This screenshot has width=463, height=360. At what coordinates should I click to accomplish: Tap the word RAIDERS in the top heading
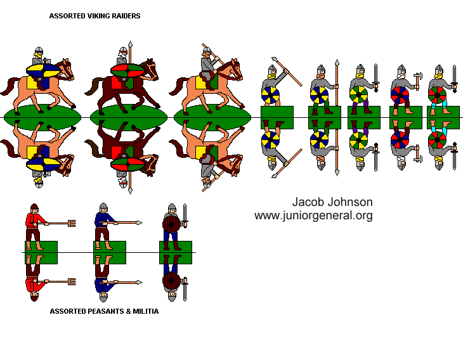click(124, 15)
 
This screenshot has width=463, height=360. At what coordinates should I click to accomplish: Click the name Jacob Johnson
click(332, 202)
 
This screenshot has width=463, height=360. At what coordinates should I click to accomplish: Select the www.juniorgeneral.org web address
click(313, 215)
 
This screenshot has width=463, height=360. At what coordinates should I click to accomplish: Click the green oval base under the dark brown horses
click(129, 117)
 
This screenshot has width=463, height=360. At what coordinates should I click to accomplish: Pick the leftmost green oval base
click(42, 117)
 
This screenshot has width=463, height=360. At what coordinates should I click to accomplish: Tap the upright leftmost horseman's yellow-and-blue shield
click(42, 70)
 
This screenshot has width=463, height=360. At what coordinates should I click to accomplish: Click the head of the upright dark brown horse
click(150, 66)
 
